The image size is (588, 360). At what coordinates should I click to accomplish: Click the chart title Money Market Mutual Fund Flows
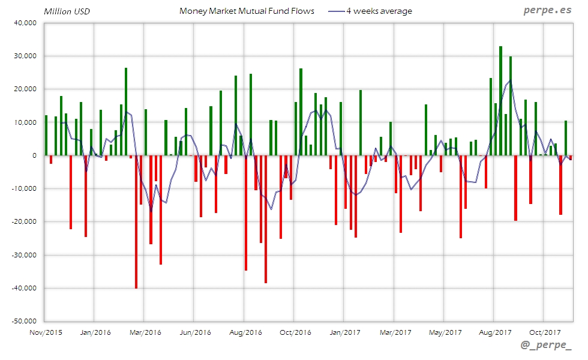[247, 11]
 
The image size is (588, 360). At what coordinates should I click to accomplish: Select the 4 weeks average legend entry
[379, 11]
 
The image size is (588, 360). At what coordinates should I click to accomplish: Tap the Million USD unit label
[67, 11]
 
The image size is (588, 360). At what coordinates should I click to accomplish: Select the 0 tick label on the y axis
[34, 155]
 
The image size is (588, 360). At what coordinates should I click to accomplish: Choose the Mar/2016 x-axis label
[145, 332]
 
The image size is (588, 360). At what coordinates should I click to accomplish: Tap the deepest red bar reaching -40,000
[136, 222]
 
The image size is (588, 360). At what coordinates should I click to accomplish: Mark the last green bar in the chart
[565, 138]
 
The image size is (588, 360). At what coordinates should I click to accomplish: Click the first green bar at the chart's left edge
[46, 135]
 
